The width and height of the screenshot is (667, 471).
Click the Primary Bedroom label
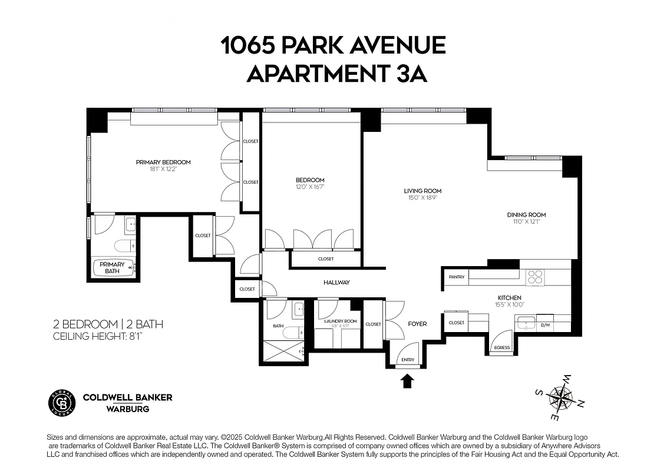pos(163,162)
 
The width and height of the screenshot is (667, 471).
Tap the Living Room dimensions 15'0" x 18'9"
pos(422,198)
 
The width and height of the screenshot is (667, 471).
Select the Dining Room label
pos(526,215)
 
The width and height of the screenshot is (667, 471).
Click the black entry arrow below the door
pos(407,382)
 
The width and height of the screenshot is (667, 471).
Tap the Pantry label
pos(457,277)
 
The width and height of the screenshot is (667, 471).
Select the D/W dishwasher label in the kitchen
pos(545,324)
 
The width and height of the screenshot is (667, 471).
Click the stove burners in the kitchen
pos(535,277)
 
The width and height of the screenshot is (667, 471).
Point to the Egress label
pos(502,347)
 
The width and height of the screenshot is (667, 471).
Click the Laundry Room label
pos(341,321)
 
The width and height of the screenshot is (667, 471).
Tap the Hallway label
pos(336,283)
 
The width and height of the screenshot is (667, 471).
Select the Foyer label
pos(417,324)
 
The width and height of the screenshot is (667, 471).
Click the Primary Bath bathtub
pos(113,268)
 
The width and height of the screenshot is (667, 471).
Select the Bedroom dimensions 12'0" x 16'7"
pos(310,187)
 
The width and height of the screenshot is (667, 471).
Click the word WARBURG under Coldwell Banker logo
pos(127,409)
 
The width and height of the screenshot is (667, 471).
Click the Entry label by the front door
pos(407,360)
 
